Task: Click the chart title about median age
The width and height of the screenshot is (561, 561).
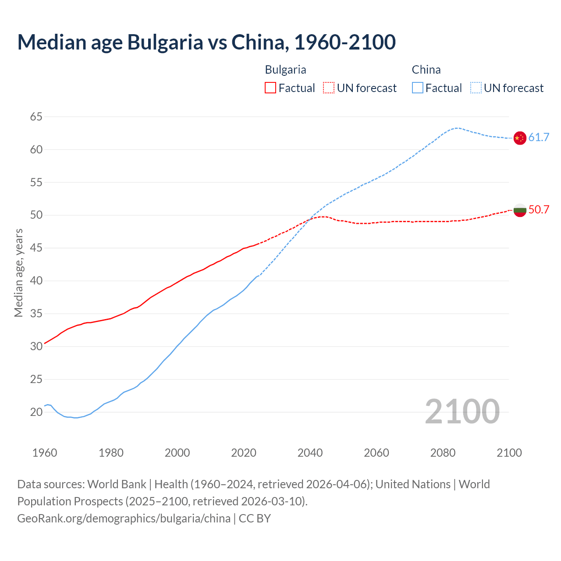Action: (x=206, y=42)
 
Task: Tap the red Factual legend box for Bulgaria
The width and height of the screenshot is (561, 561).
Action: (x=270, y=88)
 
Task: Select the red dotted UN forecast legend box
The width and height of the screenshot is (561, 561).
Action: (x=329, y=88)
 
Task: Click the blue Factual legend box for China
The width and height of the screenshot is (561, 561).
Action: (x=418, y=88)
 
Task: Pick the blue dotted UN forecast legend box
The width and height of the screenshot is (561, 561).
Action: (x=476, y=88)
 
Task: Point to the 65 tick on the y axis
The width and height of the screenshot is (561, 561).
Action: (x=36, y=117)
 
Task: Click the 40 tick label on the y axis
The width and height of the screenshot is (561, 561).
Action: (x=36, y=280)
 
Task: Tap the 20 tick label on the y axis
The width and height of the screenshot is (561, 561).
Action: (x=36, y=412)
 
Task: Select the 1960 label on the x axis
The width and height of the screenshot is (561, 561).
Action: (x=45, y=452)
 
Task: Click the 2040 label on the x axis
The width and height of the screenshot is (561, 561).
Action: (x=310, y=452)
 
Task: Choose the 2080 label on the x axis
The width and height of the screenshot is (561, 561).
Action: (x=443, y=452)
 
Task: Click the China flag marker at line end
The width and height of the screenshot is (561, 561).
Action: (x=519, y=138)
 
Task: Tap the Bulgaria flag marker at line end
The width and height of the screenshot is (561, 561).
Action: (x=519, y=210)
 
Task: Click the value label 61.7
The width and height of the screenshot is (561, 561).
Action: (x=539, y=137)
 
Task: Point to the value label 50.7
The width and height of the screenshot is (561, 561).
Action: (x=539, y=209)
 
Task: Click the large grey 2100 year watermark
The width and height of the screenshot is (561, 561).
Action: (x=462, y=411)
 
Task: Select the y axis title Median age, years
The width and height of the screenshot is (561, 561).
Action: (x=18, y=273)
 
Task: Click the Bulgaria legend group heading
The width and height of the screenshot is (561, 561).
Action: (x=285, y=70)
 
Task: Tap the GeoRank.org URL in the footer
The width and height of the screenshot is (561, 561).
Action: (x=124, y=518)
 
